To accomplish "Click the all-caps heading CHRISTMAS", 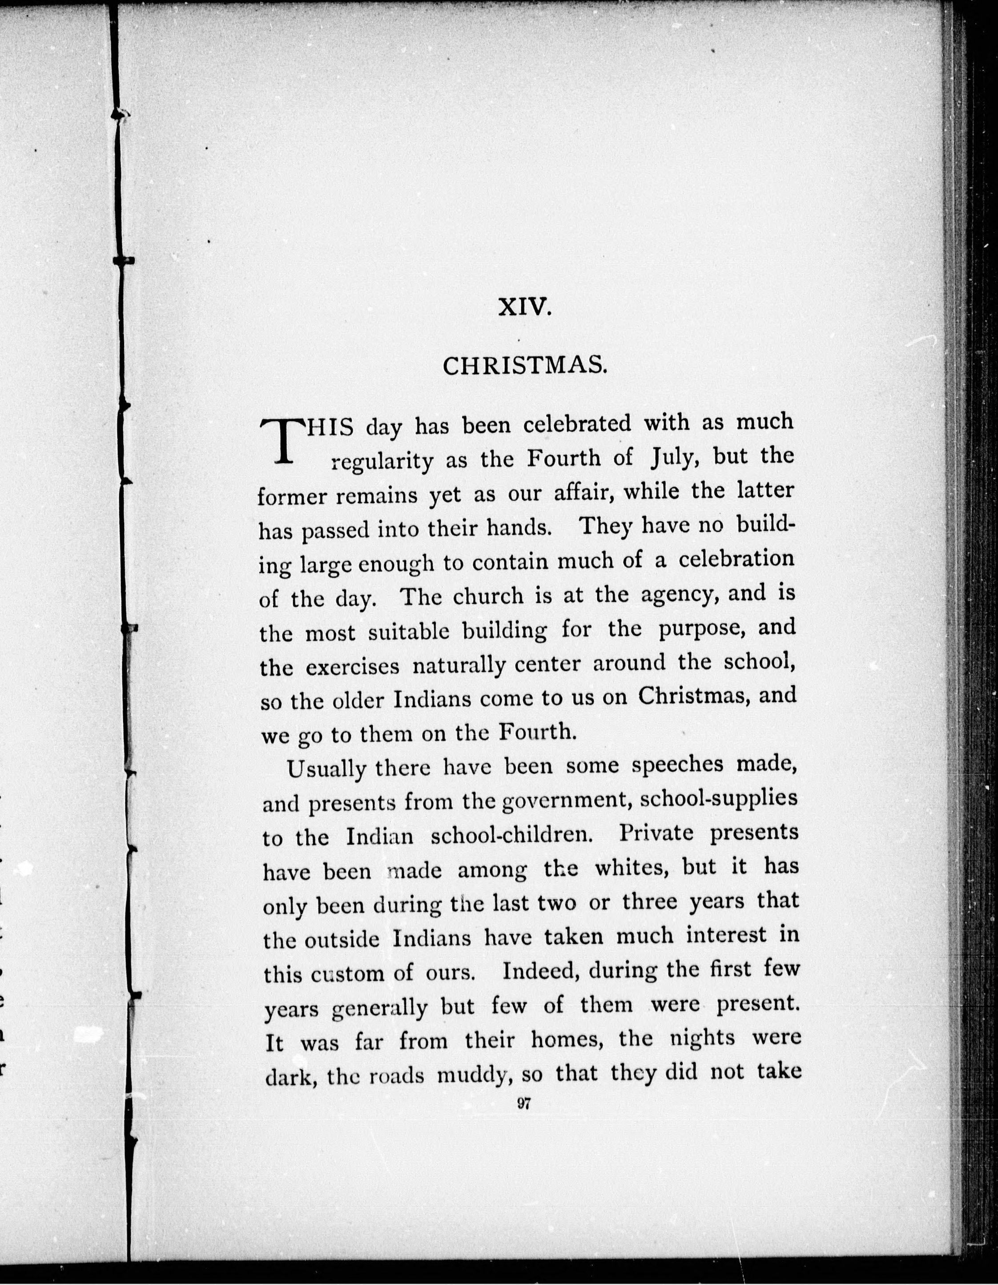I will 524,367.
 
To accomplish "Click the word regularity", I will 382,461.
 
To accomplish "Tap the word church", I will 487,596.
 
